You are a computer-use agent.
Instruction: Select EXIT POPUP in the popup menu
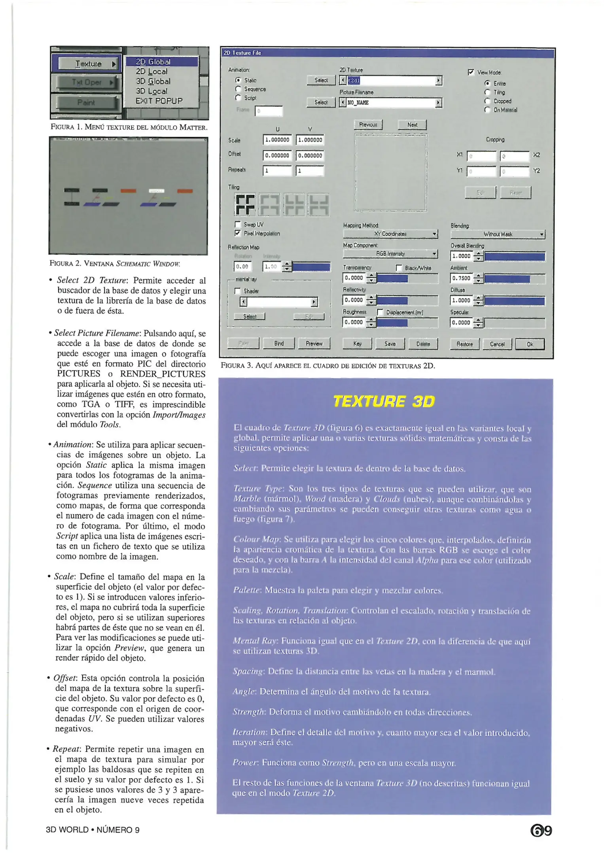[x=159, y=101]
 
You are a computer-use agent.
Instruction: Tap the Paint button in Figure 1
[x=86, y=102]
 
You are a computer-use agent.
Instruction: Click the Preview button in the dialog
[x=314, y=344]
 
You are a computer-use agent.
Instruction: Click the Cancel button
[x=497, y=344]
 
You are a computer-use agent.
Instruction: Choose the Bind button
[x=279, y=344]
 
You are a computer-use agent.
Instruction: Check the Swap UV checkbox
[x=238, y=225]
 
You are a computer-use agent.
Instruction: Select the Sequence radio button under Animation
[x=238, y=89]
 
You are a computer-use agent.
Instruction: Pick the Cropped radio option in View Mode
[x=487, y=101]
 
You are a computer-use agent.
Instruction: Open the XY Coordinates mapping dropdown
[x=390, y=234]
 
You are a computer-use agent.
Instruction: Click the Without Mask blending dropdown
[x=498, y=234]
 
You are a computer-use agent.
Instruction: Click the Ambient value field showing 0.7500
[x=461, y=278]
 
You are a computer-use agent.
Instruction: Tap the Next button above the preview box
[x=412, y=125]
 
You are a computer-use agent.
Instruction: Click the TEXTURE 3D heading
[x=384, y=401]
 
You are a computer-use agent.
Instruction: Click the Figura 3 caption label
[x=237, y=366]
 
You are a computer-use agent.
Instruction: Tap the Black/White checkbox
[x=399, y=268]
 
